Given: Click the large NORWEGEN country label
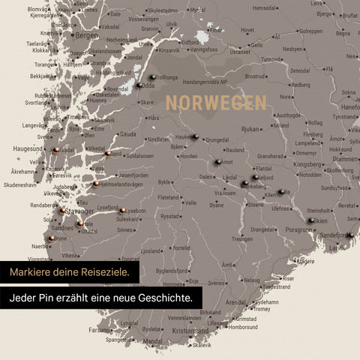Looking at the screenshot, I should (x=216, y=102).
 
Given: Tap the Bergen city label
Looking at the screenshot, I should (x=87, y=35).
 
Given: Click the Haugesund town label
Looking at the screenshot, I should (x=28, y=148).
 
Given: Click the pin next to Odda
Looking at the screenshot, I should (x=139, y=85).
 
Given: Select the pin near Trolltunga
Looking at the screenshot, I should (x=152, y=76).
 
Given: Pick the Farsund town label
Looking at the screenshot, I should (x=100, y=329).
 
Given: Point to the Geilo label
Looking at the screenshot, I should (x=256, y=44).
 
